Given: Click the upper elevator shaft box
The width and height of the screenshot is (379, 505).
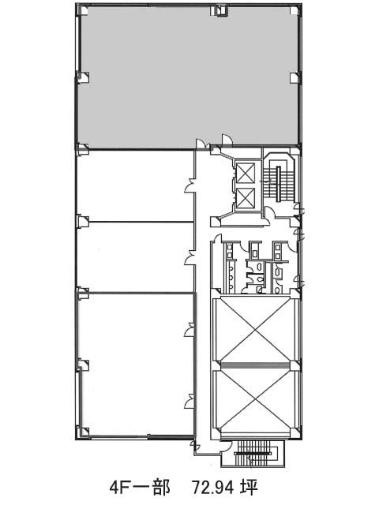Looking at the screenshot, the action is [x=246, y=173].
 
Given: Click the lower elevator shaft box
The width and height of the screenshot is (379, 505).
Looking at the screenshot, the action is [x=246, y=198].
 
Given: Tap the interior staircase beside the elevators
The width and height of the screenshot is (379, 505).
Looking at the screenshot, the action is [x=278, y=179].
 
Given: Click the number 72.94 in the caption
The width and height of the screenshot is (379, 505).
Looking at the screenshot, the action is [x=212, y=488].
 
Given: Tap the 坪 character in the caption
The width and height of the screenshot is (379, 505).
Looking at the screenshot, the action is [x=250, y=488].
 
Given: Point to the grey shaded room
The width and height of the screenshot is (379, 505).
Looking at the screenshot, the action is [x=189, y=77].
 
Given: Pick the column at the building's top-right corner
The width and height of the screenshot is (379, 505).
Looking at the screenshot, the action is [x=295, y=10].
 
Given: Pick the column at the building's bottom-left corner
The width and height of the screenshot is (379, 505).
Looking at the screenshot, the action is [x=84, y=432].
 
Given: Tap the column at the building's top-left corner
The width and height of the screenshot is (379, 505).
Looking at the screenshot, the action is [x=84, y=10].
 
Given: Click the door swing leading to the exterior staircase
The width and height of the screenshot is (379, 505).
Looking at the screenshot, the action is [x=227, y=446].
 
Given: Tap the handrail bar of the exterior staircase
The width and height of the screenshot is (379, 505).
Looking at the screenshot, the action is [x=253, y=454].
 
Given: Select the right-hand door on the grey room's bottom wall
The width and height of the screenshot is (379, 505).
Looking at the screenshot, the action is [x=227, y=140].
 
